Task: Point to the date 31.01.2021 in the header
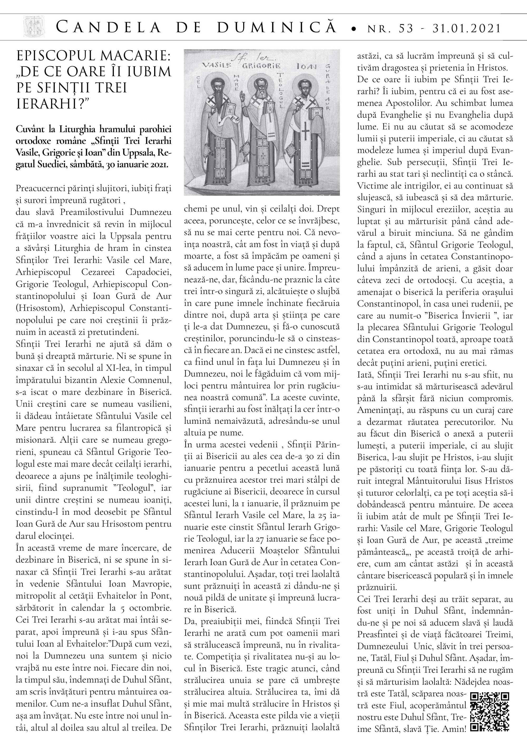point(467,28)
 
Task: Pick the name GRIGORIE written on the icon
point(261,66)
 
